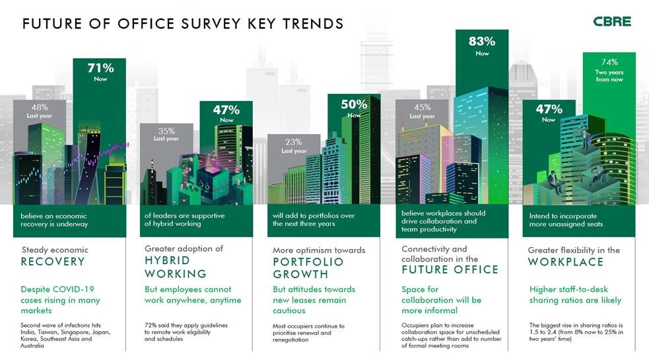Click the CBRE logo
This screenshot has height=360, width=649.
(x=611, y=22)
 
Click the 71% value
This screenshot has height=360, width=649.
(x=101, y=67)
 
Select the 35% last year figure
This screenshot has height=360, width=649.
(x=166, y=130)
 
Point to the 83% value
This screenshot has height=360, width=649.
(x=482, y=42)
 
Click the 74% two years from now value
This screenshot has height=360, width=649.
(x=609, y=63)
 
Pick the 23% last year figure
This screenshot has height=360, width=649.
(x=294, y=141)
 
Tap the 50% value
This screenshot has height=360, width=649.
(x=354, y=104)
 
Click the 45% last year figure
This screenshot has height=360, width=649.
(x=422, y=107)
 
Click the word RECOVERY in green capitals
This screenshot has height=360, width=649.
(x=53, y=262)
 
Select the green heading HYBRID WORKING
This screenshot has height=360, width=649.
(x=176, y=267)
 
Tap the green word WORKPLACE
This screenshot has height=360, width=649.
(x=565, y=262)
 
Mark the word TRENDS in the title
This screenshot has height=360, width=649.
(x=308, y=24)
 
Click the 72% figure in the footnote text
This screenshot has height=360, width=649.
(x=151, y=325)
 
